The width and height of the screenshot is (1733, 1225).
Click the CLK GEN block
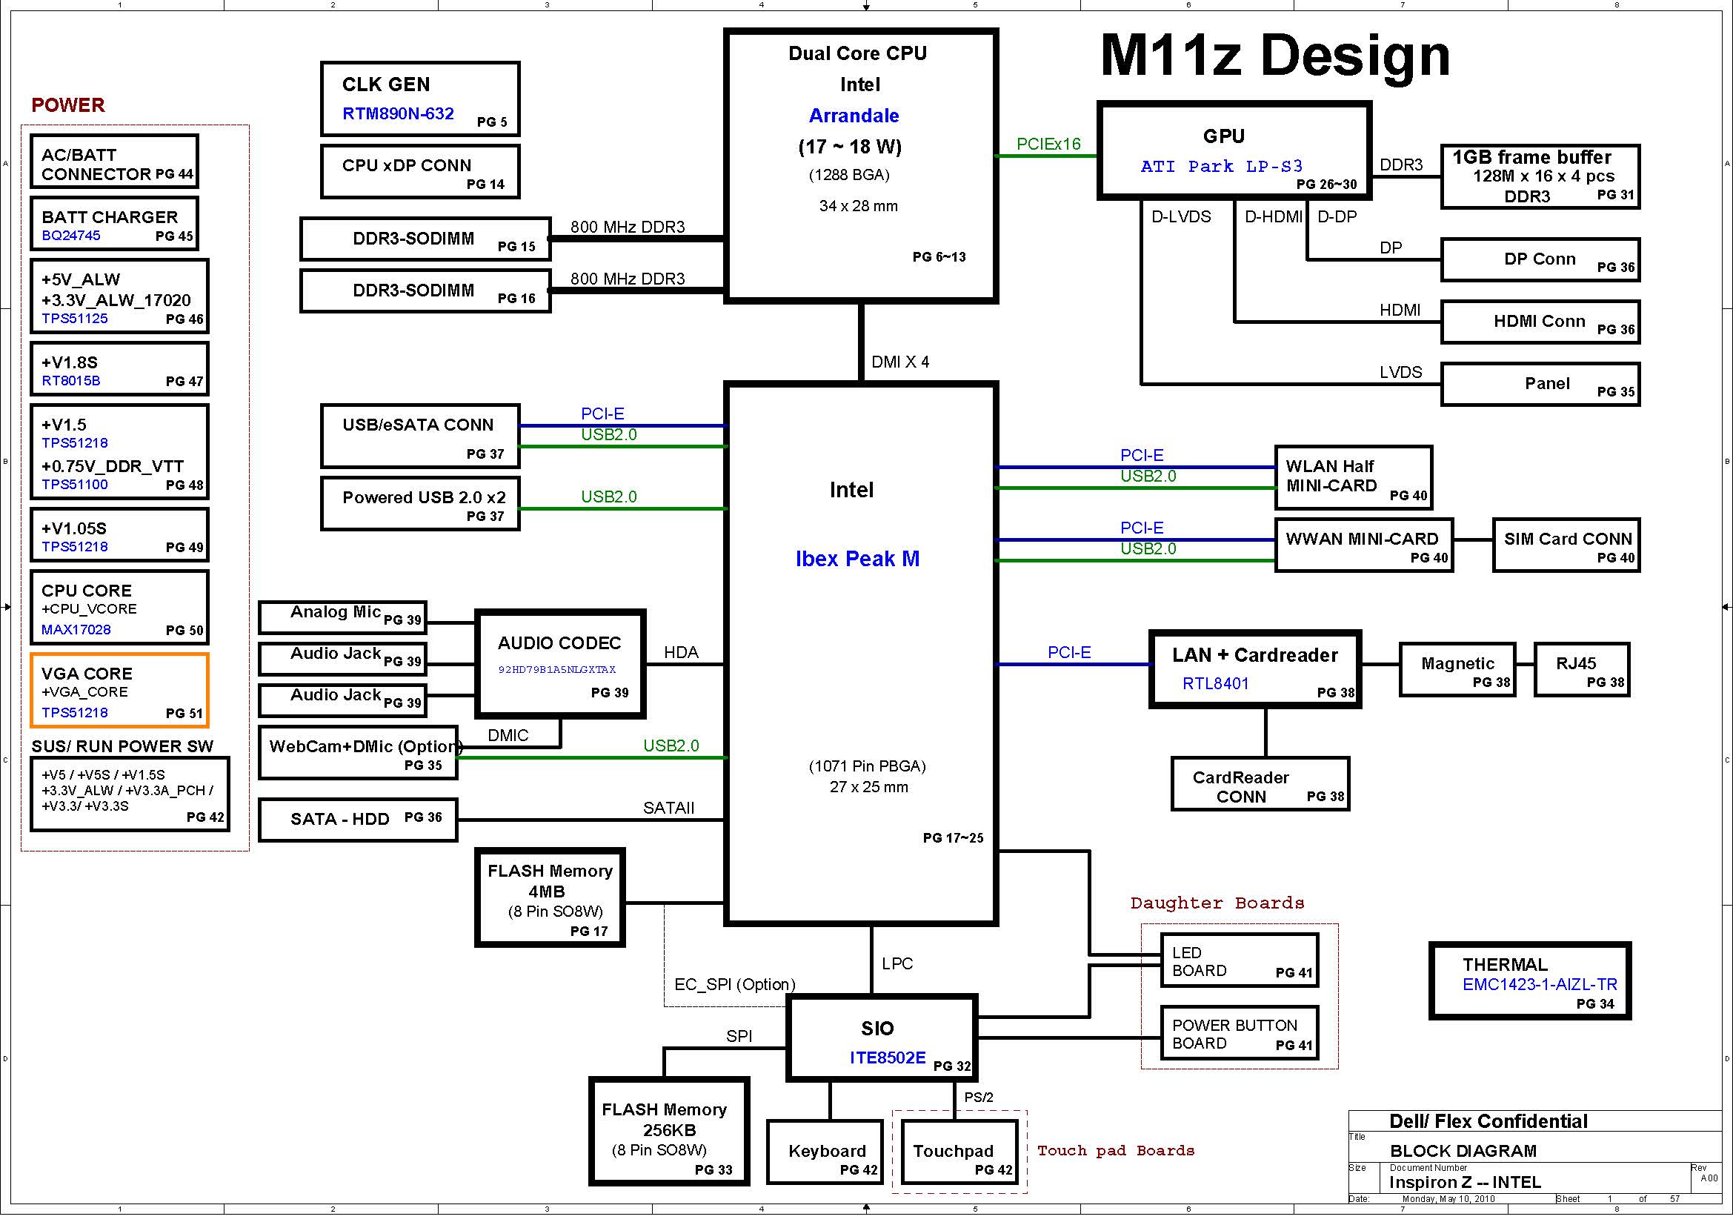coord(419,99)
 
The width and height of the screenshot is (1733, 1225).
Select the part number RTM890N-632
coord(398,114)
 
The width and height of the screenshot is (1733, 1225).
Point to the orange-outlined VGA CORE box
coord(119,691)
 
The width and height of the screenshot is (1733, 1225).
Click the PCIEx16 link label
coord(1048,145)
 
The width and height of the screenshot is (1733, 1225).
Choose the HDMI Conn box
coord(1540,322)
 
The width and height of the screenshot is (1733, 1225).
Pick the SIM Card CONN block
coord(1566,545)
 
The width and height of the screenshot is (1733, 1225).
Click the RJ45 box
coord(1581,669)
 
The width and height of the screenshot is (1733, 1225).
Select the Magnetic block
coord(1457,669)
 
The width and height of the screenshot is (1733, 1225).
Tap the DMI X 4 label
coord(899,362)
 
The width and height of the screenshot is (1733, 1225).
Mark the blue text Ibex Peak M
coord(857,560)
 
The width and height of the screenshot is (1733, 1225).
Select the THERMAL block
coord(1530,981)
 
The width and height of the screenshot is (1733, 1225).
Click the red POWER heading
coord(68,105)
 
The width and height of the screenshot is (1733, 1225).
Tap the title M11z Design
coord(1275,56)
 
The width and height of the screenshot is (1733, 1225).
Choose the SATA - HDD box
coord(358,820)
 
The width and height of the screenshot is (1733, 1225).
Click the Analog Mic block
coord(343,617)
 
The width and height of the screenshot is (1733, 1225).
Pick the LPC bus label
coord(897,964)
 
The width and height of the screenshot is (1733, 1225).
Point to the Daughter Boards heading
coord(1217,903)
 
